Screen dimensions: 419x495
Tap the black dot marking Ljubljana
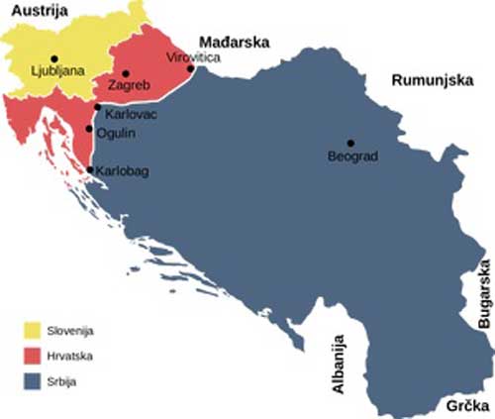click(x=53, y=57)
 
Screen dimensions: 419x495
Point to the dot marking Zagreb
click(x=127, y=72)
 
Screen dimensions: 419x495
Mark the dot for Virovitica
click(x=191, y=69)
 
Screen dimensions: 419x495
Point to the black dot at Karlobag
click(x=91, y=170)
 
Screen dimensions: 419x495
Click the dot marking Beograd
click(x=349, y=143)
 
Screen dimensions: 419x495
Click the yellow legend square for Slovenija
click(x=36, y=330)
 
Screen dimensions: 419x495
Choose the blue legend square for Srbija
click(x=36, y=380)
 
